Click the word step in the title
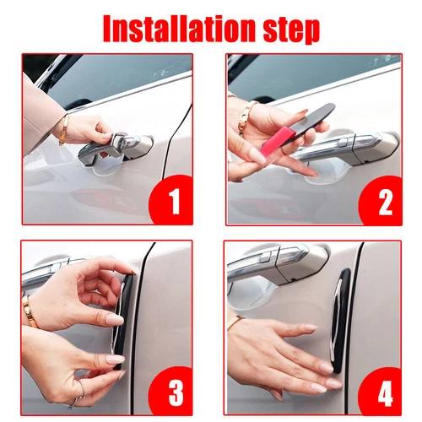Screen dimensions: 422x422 coord(291,30)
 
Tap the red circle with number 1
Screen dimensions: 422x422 coord(171,199)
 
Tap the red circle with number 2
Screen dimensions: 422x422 coord(381,200)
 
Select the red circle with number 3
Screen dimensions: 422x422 coord(171,391)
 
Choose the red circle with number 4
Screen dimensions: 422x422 coord(381,391)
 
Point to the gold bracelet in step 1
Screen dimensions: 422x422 coord(64,130)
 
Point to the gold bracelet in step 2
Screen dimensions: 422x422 coord(246,116)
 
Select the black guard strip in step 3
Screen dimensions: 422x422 coord(123,321)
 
